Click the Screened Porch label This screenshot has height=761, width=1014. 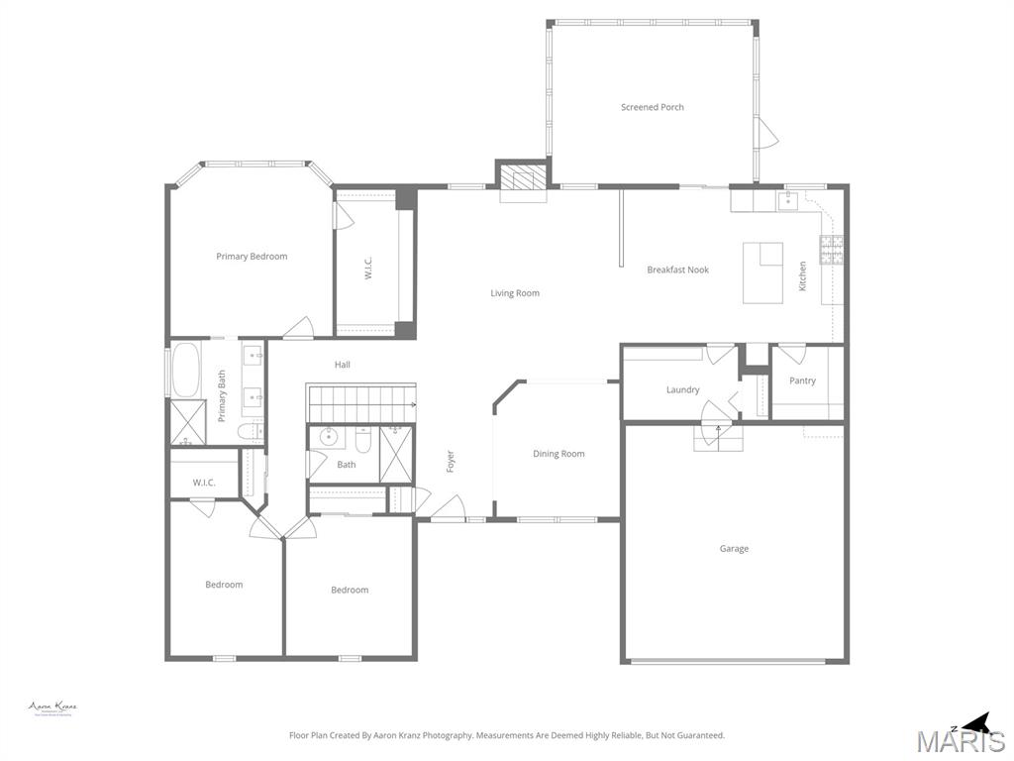653,107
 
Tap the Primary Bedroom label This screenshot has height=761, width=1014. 252,257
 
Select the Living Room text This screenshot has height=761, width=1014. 515,293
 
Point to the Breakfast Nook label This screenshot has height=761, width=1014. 678,270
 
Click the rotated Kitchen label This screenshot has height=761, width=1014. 803,275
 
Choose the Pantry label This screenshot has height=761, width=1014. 802,380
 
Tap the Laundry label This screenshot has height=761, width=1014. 682,390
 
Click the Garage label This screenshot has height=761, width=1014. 734,549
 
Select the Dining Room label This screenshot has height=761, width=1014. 558,454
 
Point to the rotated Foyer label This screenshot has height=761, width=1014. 451,461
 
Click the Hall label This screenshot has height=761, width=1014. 342,365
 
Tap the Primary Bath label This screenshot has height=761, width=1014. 222,395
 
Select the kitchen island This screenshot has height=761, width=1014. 763,273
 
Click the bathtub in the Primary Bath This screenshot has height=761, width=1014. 185,369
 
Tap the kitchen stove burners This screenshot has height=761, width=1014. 832,249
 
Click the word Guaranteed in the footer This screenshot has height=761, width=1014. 698,736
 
